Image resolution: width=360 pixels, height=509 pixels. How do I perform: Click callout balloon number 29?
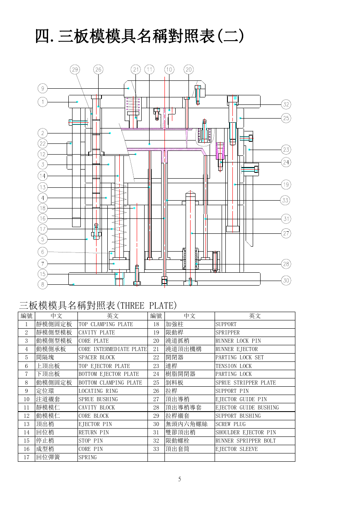75,70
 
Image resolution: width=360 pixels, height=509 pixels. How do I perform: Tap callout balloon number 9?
43,88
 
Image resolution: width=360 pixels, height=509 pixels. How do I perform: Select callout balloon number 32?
286,104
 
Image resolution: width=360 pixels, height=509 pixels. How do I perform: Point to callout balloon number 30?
286,280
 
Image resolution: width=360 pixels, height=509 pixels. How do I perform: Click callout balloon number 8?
43,284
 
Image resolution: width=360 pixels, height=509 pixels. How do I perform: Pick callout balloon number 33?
285,201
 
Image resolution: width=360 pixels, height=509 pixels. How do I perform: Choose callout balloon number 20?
188,70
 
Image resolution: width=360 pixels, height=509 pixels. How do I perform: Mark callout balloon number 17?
43,229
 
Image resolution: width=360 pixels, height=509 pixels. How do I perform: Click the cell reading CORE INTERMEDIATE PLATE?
113,349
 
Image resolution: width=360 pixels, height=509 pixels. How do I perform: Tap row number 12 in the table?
27,416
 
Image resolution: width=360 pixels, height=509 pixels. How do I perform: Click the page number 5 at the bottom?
180,479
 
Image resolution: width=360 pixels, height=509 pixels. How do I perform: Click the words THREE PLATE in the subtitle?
148,306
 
